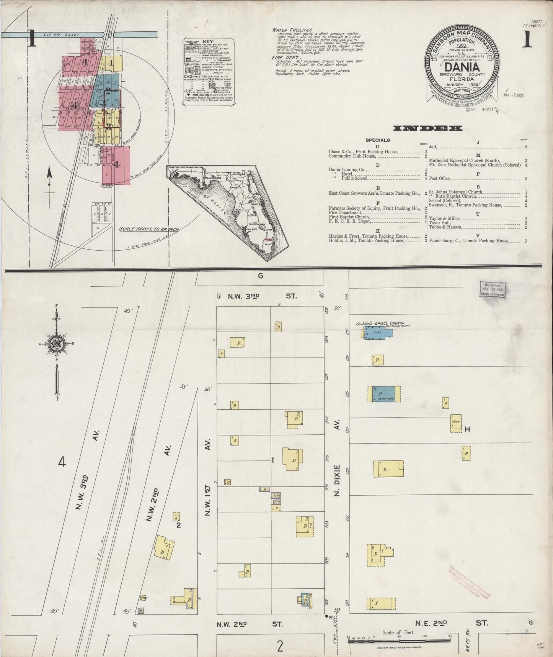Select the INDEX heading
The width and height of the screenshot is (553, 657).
click(427, 128)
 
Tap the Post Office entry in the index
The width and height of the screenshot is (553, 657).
click(440, 178)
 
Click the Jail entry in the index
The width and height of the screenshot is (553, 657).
click(433, 146)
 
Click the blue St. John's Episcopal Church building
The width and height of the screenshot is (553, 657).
click(378, 333)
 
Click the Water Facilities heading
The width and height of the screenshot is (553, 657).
click(292, 30)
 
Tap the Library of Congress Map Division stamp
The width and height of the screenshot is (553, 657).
click(493, 289)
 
